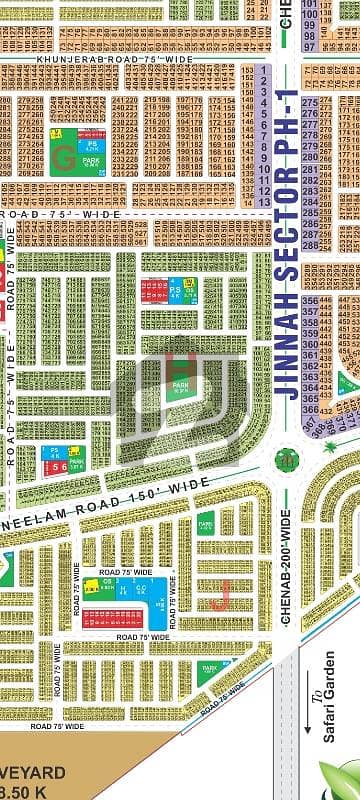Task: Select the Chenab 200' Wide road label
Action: (x=286, y=566)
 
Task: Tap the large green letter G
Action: (x=64, y=156)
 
